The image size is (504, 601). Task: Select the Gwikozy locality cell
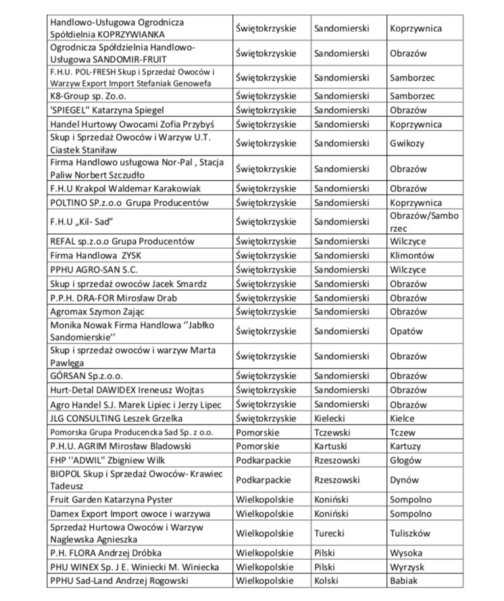(x=407, y=143)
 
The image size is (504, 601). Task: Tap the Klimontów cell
(x=412, y=256)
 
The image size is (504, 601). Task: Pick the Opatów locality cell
(x=406, y=331)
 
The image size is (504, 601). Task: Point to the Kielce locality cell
(x=403, y=418)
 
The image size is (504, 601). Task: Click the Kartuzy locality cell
(x=405, y=446)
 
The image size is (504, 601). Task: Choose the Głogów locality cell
(x=405, y=460)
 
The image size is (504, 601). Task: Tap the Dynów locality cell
(x=404, y=480)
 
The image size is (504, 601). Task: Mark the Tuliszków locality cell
(x=410, y=533)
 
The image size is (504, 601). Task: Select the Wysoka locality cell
(x=406, y=552)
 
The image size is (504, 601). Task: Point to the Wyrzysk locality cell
(x=407, y=567)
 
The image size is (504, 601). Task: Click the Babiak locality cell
(x=404, y=580)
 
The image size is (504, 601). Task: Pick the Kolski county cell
(x=328, y=580)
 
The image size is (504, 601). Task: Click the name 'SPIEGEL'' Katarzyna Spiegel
(x=107, y=110)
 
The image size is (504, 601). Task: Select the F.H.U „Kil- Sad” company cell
(x=81, y=222)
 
